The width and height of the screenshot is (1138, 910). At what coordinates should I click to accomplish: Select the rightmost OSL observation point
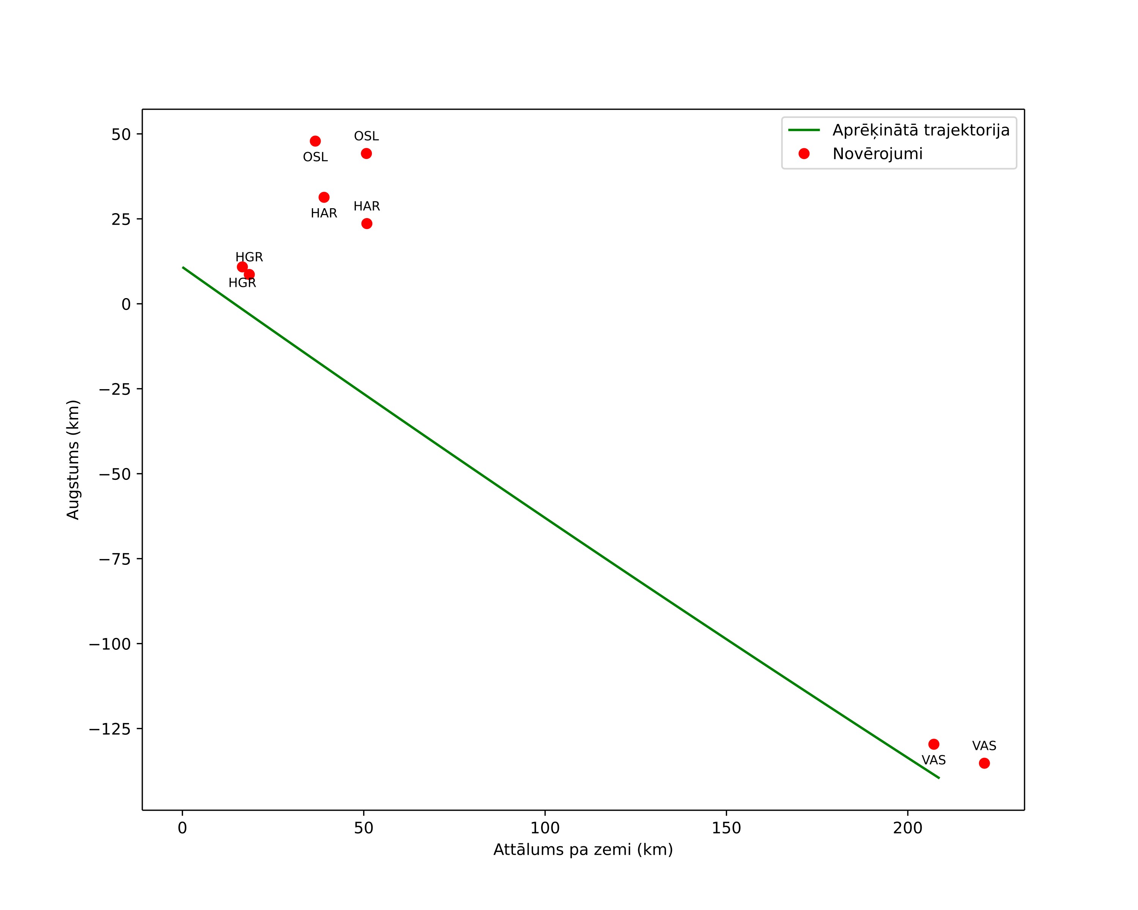click(x=366, y=154)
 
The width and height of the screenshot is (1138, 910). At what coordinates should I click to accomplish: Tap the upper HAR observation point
click(x=324, y=197)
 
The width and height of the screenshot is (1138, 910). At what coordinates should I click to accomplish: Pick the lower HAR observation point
click(x=367, y=224)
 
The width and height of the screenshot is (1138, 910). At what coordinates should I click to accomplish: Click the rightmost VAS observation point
click(x=984, y=763)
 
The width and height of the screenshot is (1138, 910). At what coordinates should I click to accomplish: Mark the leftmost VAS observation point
click(x=934, y=744)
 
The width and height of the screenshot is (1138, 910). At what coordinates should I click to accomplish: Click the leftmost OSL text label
click(x=315, y=157)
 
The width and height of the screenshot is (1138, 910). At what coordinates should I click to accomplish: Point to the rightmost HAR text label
click(x=367, y=206)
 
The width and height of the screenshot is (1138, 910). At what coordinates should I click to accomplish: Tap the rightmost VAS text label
click(x=984, y=746)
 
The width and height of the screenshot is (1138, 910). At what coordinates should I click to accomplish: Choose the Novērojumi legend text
click(x=878, y=154)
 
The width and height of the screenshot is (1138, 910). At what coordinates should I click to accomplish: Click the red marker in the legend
click(x=804, y=154)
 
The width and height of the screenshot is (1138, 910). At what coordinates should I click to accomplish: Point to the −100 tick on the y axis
click(x=109, y=644)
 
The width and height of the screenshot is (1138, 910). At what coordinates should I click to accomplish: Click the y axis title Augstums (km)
click(x=73, y=459)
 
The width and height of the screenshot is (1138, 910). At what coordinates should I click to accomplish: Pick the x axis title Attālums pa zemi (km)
click(x=583, y=850)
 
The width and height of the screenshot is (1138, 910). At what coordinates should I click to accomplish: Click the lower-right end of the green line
click(x=940, y=778)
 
